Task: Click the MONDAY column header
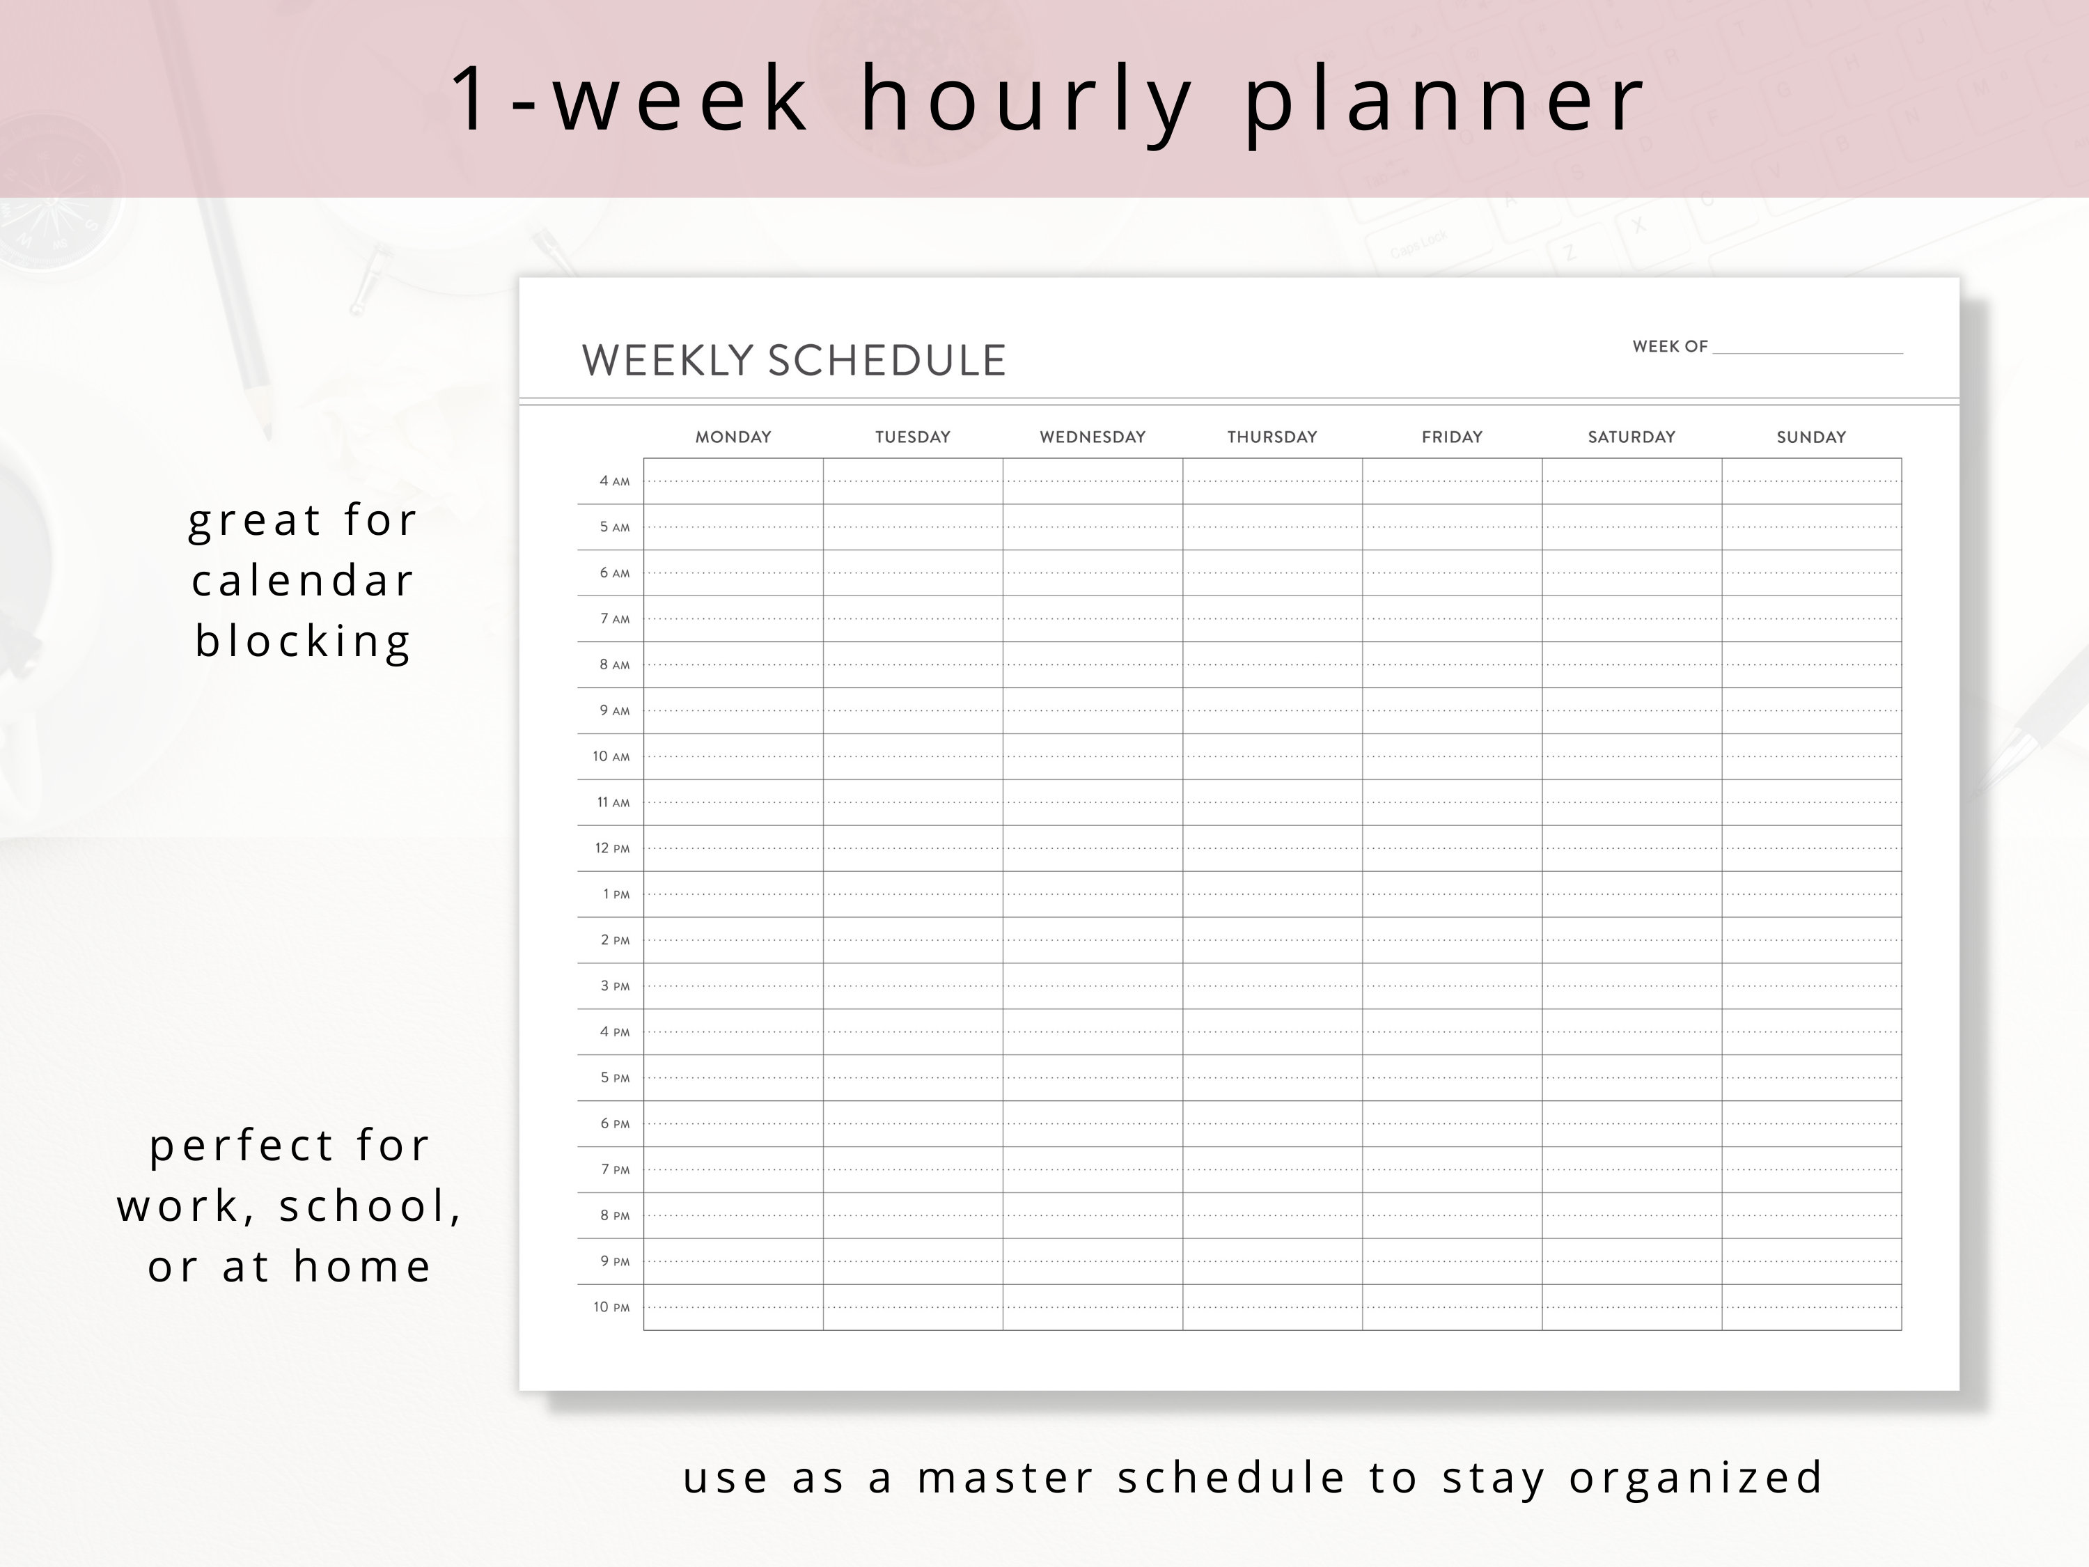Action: pos(733,437)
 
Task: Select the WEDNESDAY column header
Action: pos(1093,437)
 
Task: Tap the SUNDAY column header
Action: pos(1810,437)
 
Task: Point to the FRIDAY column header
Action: pos(1452,437)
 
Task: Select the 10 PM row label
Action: pos(611,1307)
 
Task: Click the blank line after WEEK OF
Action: pos(1808,348)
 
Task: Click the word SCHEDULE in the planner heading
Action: pos(887,361)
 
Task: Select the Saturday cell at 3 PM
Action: pos(1631,986)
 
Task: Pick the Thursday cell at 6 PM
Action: pos(1272,1124)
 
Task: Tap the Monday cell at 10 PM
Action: pos(733,1307)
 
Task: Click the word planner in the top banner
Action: pos(1445,99)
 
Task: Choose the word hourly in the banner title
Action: pos(1028,99)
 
